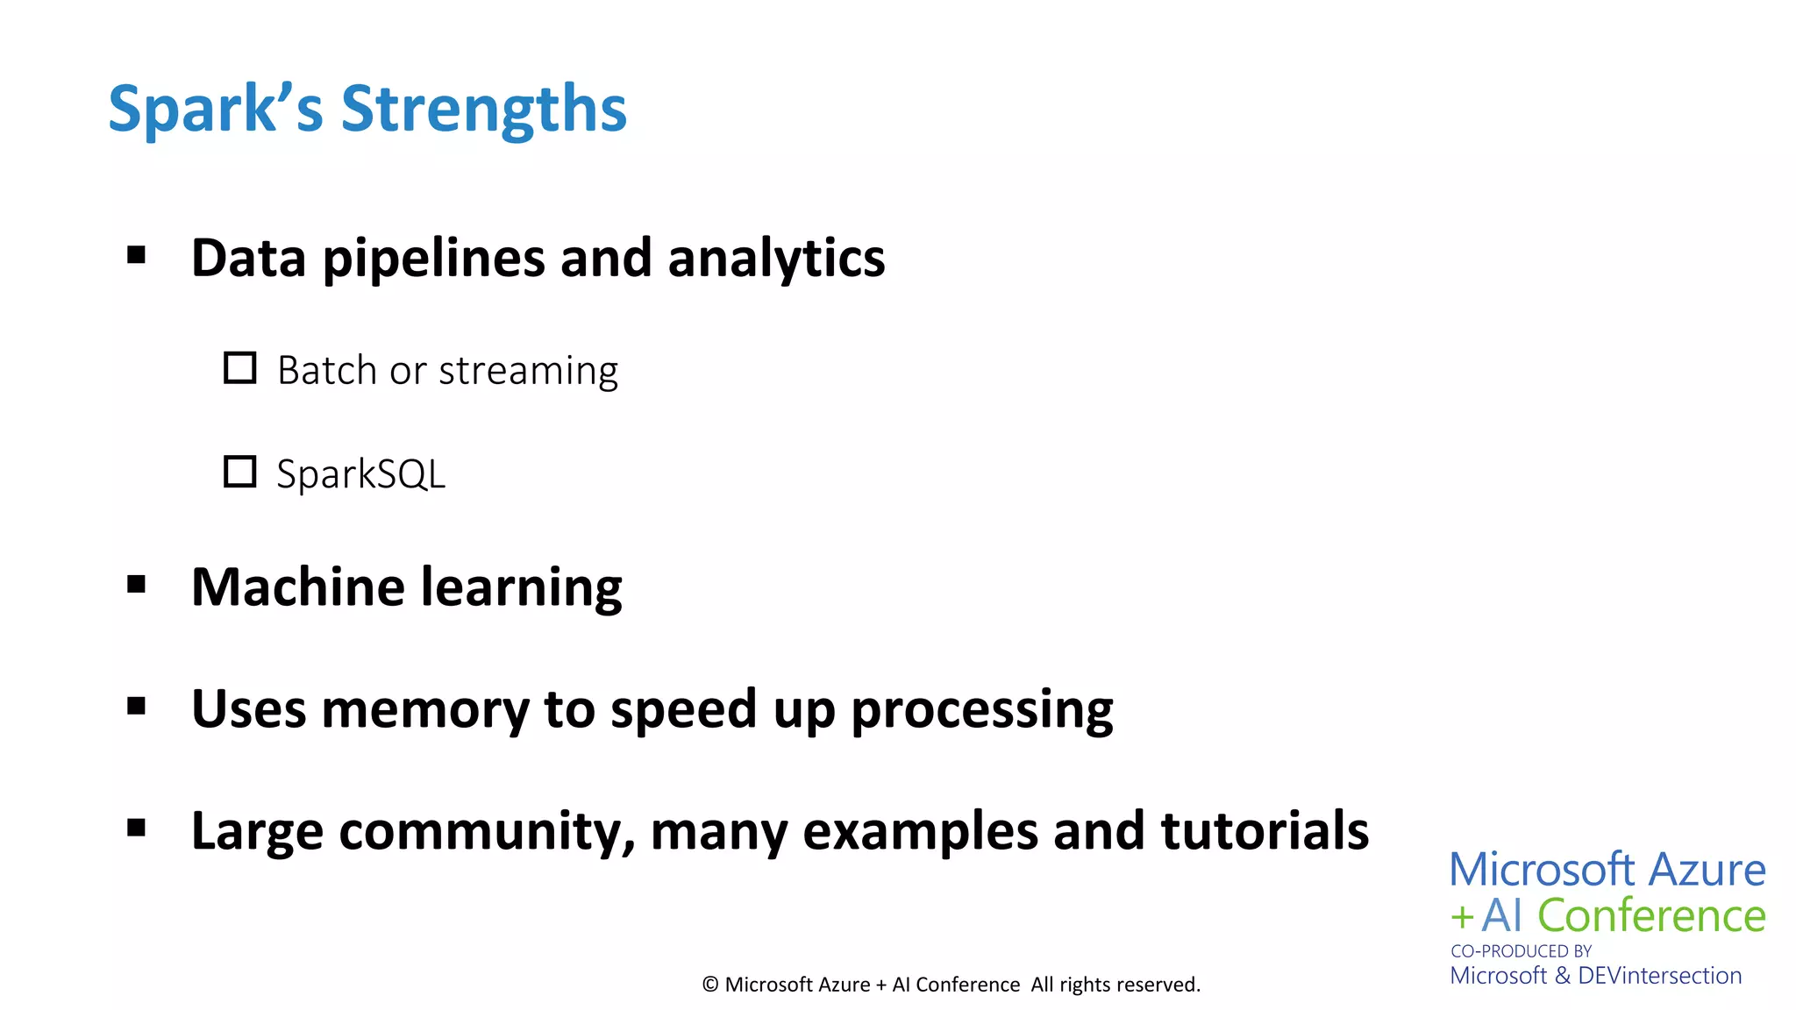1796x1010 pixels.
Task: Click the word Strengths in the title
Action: click(483, 109)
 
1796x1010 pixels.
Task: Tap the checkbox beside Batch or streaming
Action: click(239, 368)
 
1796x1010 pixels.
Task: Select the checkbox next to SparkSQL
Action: click(239, 472)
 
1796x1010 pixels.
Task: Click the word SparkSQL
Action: click(360, 474)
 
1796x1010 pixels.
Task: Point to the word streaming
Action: click(528, 371)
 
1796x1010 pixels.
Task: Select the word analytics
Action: click(776, 259)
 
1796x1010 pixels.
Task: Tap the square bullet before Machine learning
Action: click(136, 584)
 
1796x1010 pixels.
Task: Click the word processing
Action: click(982, 710)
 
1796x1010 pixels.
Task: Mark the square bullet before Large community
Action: click(136, 828)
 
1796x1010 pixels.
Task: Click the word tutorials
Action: click(1265, 830)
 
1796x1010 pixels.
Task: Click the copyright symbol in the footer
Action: click(710, 985)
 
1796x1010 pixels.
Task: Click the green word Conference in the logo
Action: click(1651, 915)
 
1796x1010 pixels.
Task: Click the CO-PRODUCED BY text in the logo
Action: click(1521, 950)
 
